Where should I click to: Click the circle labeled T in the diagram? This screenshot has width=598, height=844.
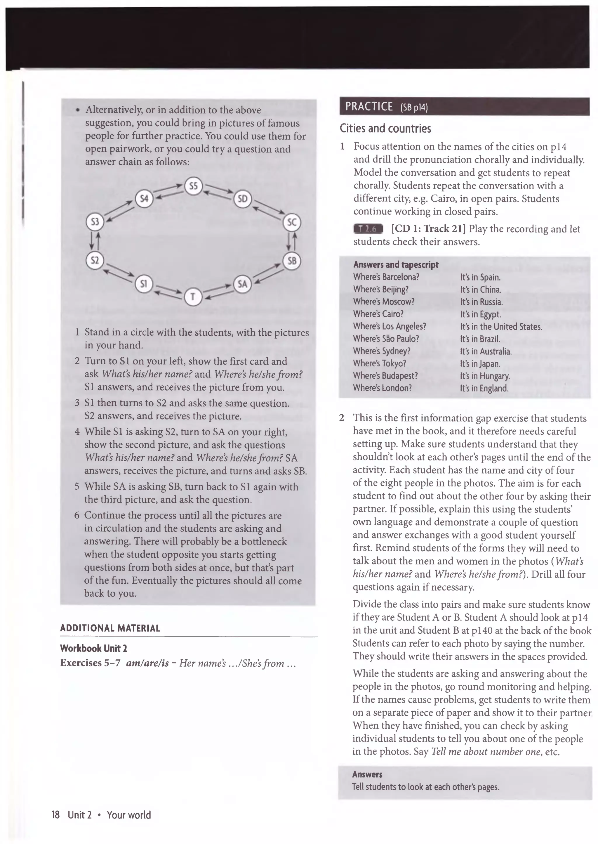tap(193, 297)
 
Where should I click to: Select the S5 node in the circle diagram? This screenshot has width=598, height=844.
tap(193, 186)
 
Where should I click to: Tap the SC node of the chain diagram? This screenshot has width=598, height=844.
tap(292, 222)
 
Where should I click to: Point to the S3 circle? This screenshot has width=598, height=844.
tap(95, 222)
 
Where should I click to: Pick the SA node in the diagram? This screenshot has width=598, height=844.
tap(242, 284)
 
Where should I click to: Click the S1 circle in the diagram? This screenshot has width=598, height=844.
tap(144, 284)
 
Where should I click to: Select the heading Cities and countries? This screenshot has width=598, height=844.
tap(385, 128)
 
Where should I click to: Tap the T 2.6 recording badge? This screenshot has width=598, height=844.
tap(368, 229)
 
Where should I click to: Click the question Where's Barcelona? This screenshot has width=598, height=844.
tap(386, 277)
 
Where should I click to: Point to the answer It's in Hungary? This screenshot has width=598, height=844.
tap(485, 376)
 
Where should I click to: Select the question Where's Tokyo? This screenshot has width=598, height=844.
tap(379, 363)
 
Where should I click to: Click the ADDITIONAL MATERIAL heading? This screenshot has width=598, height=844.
tap(110, 628)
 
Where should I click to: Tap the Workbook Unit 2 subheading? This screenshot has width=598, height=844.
tap(93, 648)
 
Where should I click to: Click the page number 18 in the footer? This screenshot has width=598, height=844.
tap(55, 815)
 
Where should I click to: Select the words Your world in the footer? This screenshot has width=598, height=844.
tap(128, 815)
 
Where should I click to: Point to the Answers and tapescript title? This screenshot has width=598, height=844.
tap(395, 264)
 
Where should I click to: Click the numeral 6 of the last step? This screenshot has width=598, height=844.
tap(77, 515)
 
